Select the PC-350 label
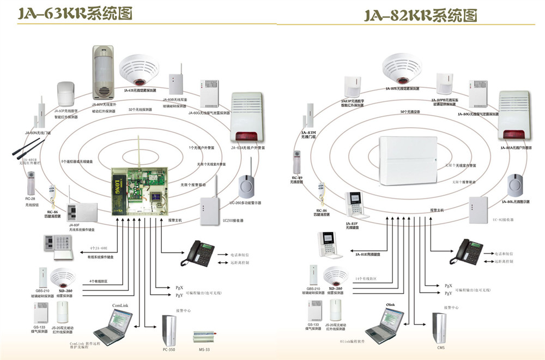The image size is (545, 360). tap(168, 349)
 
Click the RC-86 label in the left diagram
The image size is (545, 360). tap(52, 212)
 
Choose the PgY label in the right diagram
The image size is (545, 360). tap(448, 293)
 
